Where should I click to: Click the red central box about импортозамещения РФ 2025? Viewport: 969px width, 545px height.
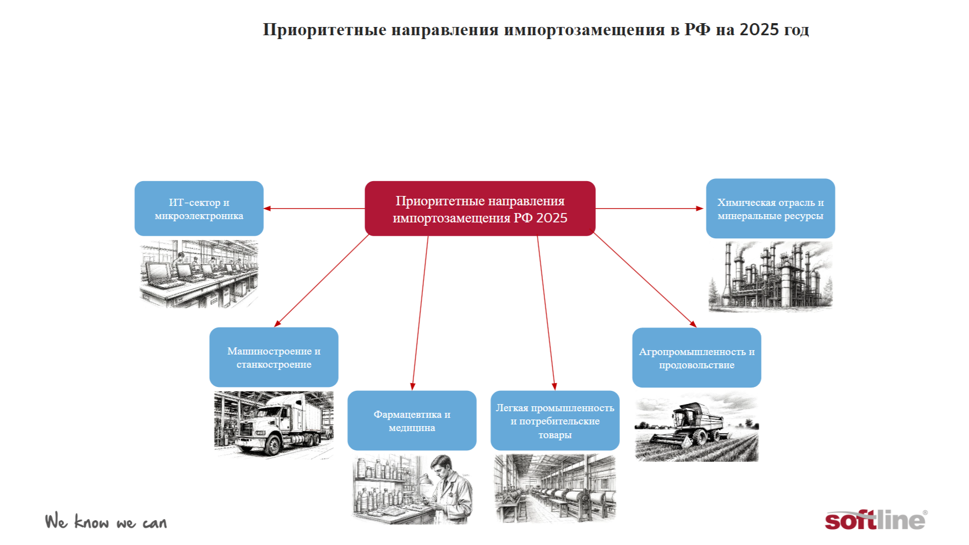[x=480, y=209]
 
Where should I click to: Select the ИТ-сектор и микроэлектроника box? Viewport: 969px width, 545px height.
[x=199, y=209]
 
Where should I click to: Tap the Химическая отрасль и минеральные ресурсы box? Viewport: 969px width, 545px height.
[x=770, y=209]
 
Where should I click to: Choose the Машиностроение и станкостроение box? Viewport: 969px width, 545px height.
[x=274, y=357]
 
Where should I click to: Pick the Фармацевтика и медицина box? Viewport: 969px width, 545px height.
[x=412, y=421]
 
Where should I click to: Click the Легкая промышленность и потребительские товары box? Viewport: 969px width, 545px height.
[x=555, y=421]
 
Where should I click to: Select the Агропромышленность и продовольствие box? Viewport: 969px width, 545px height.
[x=696, y=358]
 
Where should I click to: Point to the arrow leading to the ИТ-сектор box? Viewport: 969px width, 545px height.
[x=314, y=209]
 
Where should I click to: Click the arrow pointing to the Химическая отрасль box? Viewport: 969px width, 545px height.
[x=650, y=209]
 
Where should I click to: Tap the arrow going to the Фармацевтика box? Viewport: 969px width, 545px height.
[x=420, y=313]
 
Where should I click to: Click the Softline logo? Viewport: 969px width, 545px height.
[x=876, y=520]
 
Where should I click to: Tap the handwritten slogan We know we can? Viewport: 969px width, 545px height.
[x=106, y=521]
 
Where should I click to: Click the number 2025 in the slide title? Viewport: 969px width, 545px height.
[x=759, y=29]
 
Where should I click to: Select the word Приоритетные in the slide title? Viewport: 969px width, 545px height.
[x=325, y=30]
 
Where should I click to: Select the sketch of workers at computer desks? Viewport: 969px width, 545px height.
[x=199, y=274]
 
